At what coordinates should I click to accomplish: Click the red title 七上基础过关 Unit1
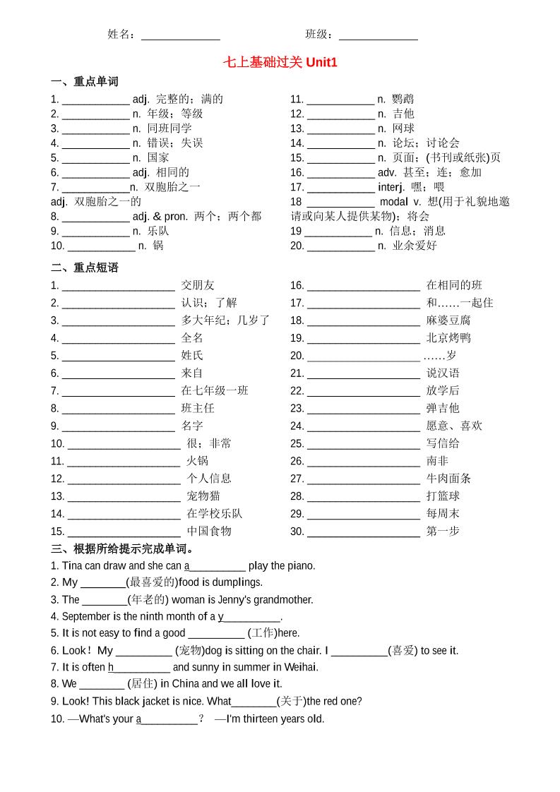click(280, 62)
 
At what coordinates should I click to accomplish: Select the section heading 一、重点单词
click(85, 81)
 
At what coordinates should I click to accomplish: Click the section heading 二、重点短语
click(85, 268)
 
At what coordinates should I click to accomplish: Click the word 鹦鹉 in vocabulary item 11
click(403, 99)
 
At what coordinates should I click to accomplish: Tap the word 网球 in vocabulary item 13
click(403, 128)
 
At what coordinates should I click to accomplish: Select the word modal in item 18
click(393, 202)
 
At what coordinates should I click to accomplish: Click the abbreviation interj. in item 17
click(391, 187)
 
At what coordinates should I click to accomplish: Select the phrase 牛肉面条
click(448, 479)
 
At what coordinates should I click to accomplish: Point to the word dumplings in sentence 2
click(239, 582)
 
